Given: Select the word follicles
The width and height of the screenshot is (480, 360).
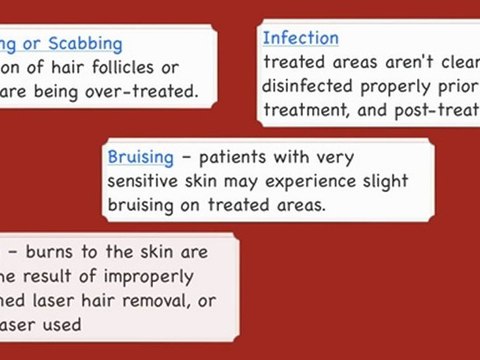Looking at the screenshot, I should [x=132, y=68].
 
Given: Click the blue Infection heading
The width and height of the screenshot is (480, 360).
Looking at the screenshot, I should [x=300, y=38].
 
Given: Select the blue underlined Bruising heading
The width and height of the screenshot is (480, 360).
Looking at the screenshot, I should [x=140, y=158].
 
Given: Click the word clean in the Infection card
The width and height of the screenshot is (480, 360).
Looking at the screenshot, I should [x=452, y=60].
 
